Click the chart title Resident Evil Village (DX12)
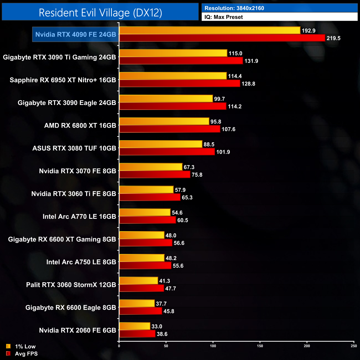pos(100,13)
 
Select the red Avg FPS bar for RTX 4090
pos(222,38)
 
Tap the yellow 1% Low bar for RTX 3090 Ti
pos(173,53)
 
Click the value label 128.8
pos(248,84)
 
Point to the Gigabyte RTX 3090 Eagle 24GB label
pos(67,103)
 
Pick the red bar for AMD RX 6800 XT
pos(169,129)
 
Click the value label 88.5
pos(209,144)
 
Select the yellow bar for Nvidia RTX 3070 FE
pos(151,167)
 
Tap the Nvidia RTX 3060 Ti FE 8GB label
pos(74,194)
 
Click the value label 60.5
pos(183,220)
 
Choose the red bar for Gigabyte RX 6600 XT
pos(146,243)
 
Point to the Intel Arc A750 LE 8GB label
pos(81,262)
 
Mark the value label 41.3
pos(165,281)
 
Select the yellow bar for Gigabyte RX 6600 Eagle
pos(137,304)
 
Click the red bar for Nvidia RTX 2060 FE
pos(137,334)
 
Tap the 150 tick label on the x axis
pos(260,346)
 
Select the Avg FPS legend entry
pos(22,354)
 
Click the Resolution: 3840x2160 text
pos(234,8)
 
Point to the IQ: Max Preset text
pos(223,17)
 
